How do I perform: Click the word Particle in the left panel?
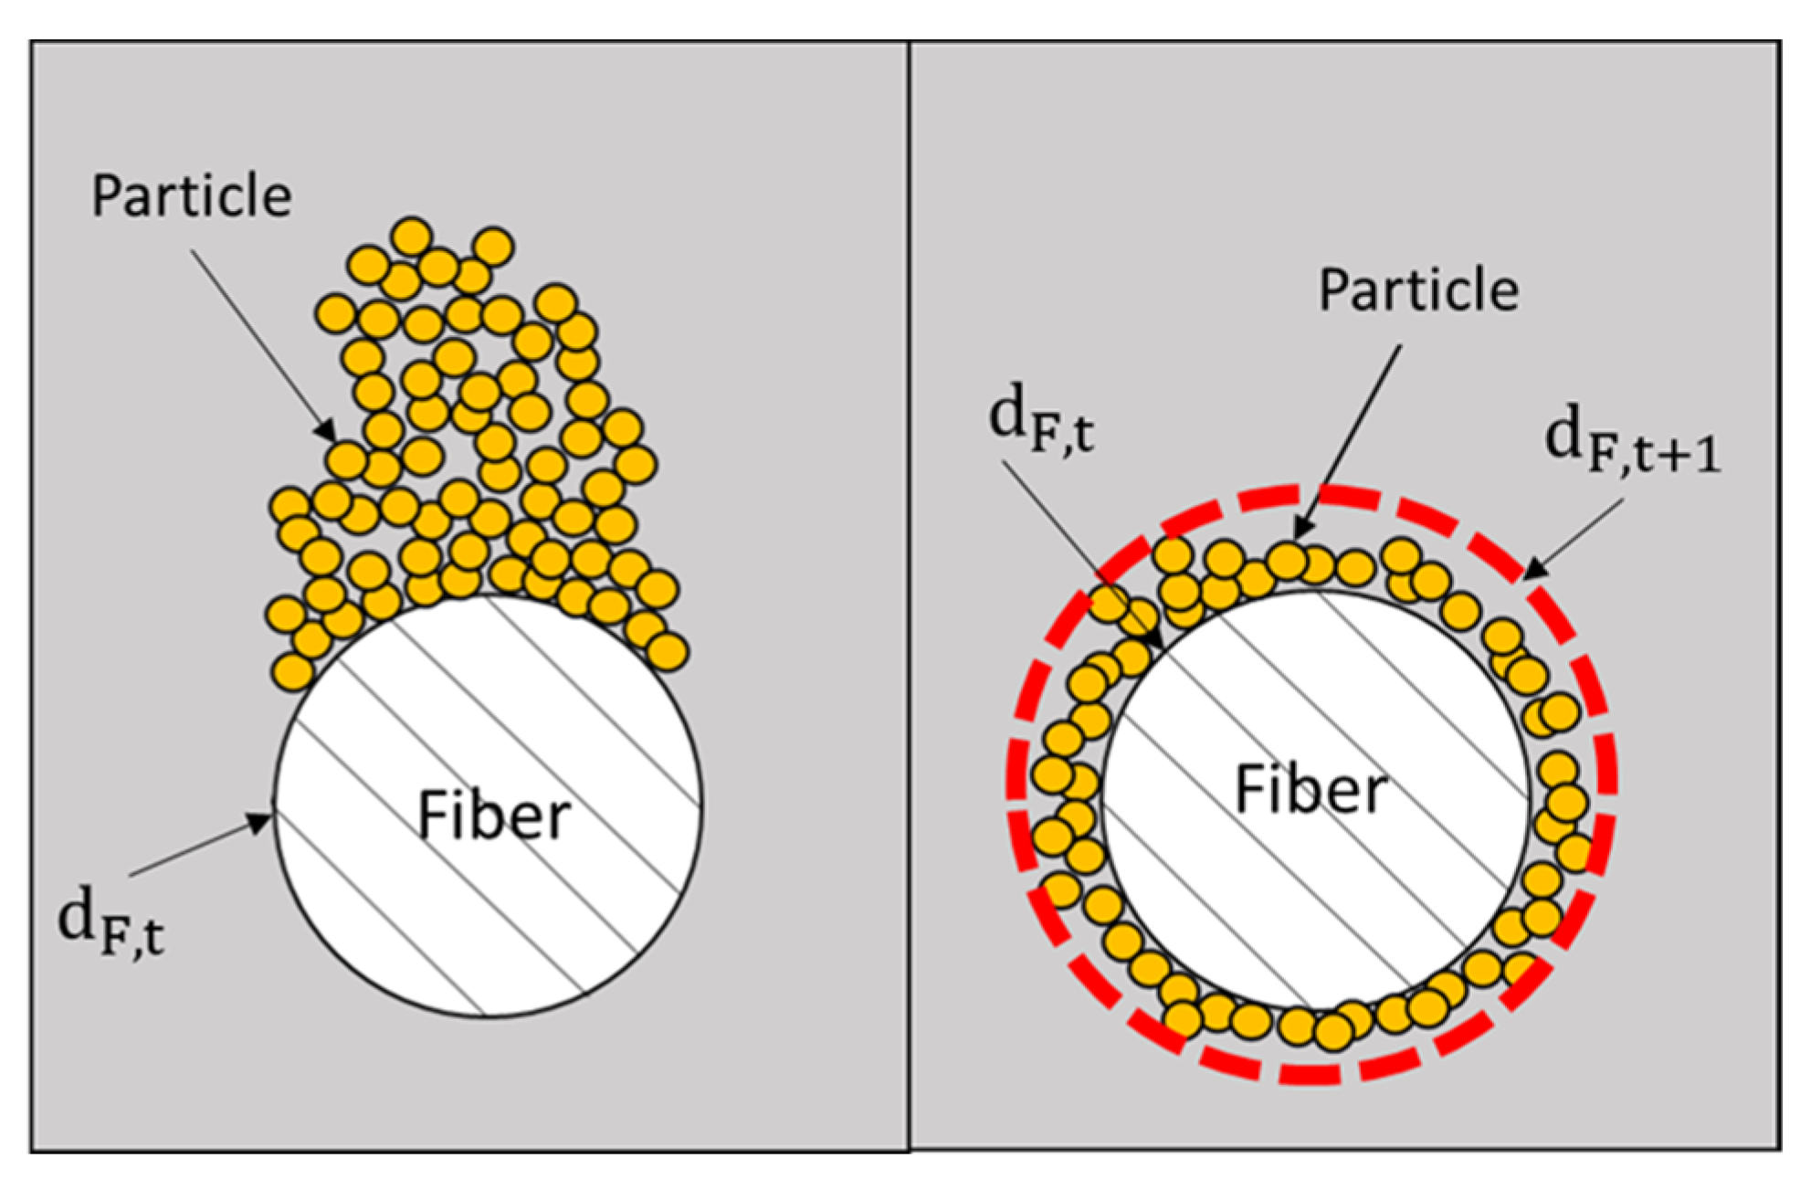[191, 196]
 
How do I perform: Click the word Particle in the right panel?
[1418, 290]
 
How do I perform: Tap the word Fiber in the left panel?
[493, 816]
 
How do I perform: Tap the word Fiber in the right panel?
[1311, 790]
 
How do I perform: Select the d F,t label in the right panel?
[1041, 420]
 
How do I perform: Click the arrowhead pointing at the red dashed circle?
[1535, 568]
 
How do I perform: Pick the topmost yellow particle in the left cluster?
[411, 237]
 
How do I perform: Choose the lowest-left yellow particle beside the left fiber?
[292, 672]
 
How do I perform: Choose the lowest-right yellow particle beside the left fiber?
[667, 652]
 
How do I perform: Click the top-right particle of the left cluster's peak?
[494, 247]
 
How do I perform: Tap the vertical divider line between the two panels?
[909, 594]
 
